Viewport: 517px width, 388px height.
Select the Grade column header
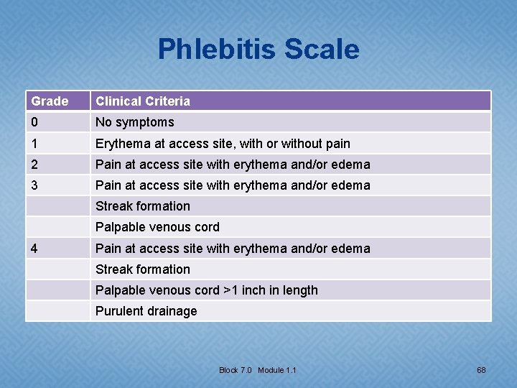coord(50,101)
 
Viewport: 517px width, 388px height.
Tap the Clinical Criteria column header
coord(143,101)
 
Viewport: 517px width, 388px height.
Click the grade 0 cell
coord(34,122)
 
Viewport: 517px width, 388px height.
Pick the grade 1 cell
coord(34,144)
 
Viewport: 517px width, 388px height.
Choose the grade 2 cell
coord(34,165)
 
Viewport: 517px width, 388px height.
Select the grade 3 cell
coord(34,185)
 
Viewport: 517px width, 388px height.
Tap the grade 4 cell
coord(34,249)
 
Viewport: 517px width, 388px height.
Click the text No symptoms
coord(135,122)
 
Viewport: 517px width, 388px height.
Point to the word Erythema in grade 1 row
coord(121,144)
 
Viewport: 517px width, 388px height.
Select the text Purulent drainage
coord(146,311)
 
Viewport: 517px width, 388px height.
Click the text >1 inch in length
coord(271,290)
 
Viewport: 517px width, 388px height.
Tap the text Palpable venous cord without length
coord(157,227)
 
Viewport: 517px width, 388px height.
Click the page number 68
coord(481,370)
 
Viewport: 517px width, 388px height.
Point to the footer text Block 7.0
coord(236,370)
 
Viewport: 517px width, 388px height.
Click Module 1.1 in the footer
coord(277,370)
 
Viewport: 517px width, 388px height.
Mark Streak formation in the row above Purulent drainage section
coord(143,269)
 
